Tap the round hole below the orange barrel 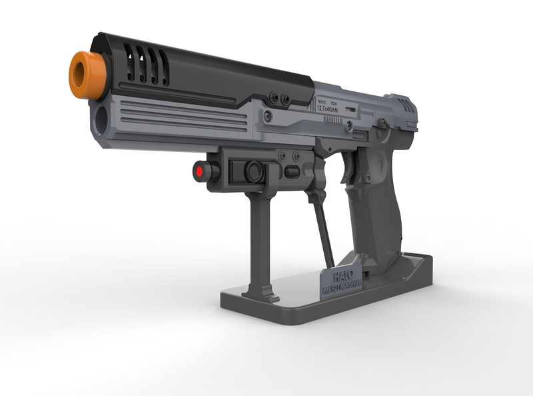101,119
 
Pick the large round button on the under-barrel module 253,171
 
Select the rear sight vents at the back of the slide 406,105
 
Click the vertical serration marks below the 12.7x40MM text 332,120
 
